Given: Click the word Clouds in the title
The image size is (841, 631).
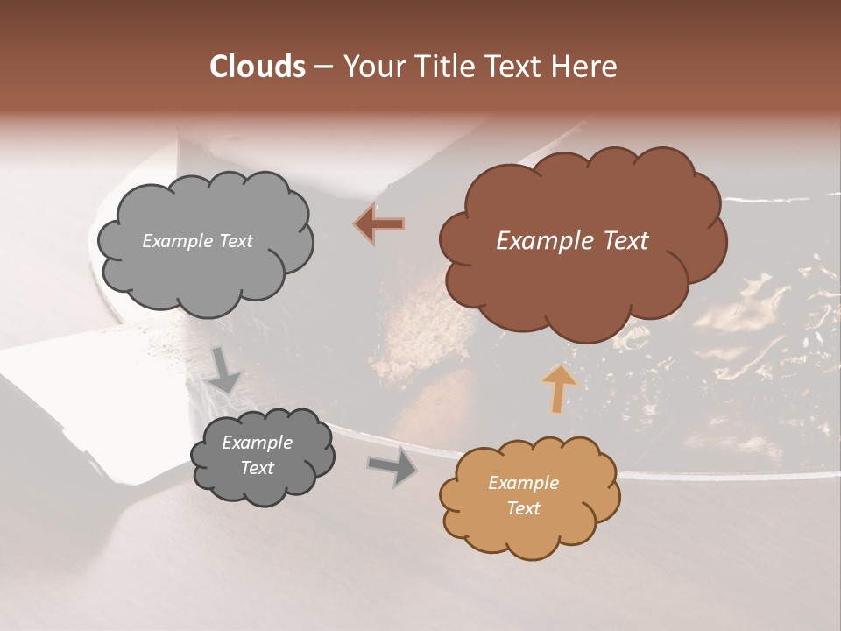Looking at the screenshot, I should [256, 67].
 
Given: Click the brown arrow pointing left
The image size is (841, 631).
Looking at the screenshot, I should [379, 224].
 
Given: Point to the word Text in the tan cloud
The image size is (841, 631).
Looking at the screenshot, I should [523, 508].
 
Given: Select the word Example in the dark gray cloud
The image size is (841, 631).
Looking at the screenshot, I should [257, 443].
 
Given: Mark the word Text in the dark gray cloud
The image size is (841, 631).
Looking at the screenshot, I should [257, 468].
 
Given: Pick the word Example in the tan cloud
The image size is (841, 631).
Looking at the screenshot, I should [523, 483].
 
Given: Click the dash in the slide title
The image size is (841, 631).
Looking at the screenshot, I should [322, 67].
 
